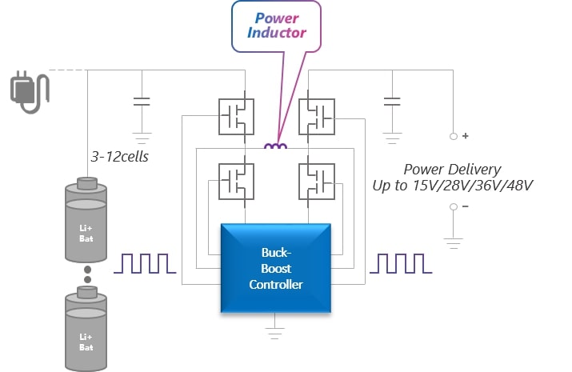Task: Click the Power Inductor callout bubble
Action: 276,27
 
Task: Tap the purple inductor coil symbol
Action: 276,146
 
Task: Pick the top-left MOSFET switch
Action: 236,116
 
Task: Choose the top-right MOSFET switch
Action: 316,116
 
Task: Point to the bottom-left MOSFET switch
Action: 236,181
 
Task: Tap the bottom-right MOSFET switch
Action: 316,181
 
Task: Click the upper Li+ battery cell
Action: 86,220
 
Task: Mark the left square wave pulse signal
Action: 145,263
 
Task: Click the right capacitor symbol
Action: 391,102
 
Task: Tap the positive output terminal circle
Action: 453,137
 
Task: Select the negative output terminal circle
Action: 453,206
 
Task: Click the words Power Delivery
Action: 452,169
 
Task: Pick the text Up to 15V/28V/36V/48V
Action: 453,186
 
